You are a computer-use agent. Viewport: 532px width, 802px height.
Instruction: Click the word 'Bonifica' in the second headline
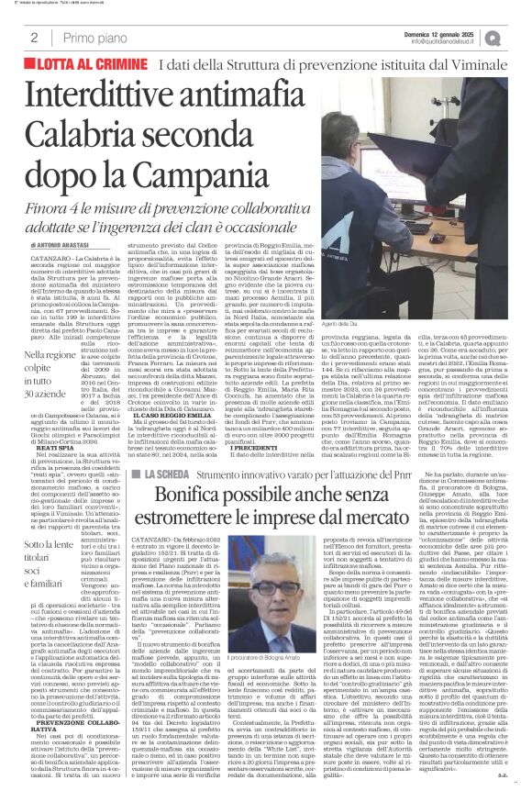pos(199,524)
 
